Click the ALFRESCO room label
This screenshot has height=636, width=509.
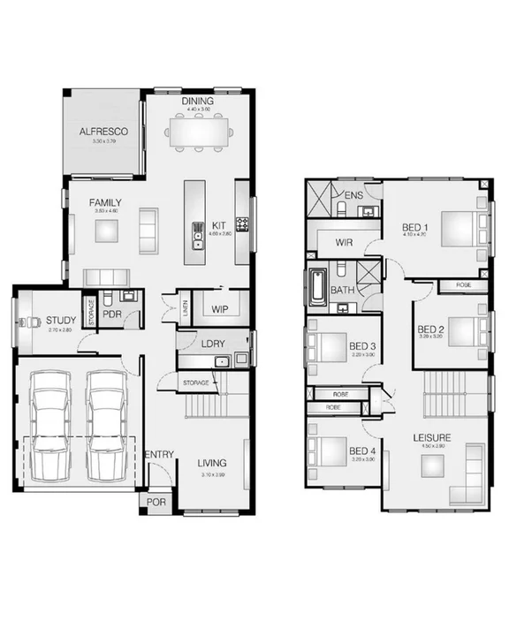click(104, 132)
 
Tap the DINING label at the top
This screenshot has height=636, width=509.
click(198, 102)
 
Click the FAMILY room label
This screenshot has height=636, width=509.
click(105, 203)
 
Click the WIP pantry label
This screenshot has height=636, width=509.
click(219, 309)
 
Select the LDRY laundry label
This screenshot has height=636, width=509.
click(212, 343)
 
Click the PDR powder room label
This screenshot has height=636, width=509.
click(112, 314)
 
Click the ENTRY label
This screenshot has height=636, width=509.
click(159, 455)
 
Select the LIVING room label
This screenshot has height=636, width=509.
click(211, 463)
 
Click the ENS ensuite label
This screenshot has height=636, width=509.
click(353, 195)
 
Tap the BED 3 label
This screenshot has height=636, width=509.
click(362, 345)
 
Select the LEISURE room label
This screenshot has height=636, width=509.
click(431, 438)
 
